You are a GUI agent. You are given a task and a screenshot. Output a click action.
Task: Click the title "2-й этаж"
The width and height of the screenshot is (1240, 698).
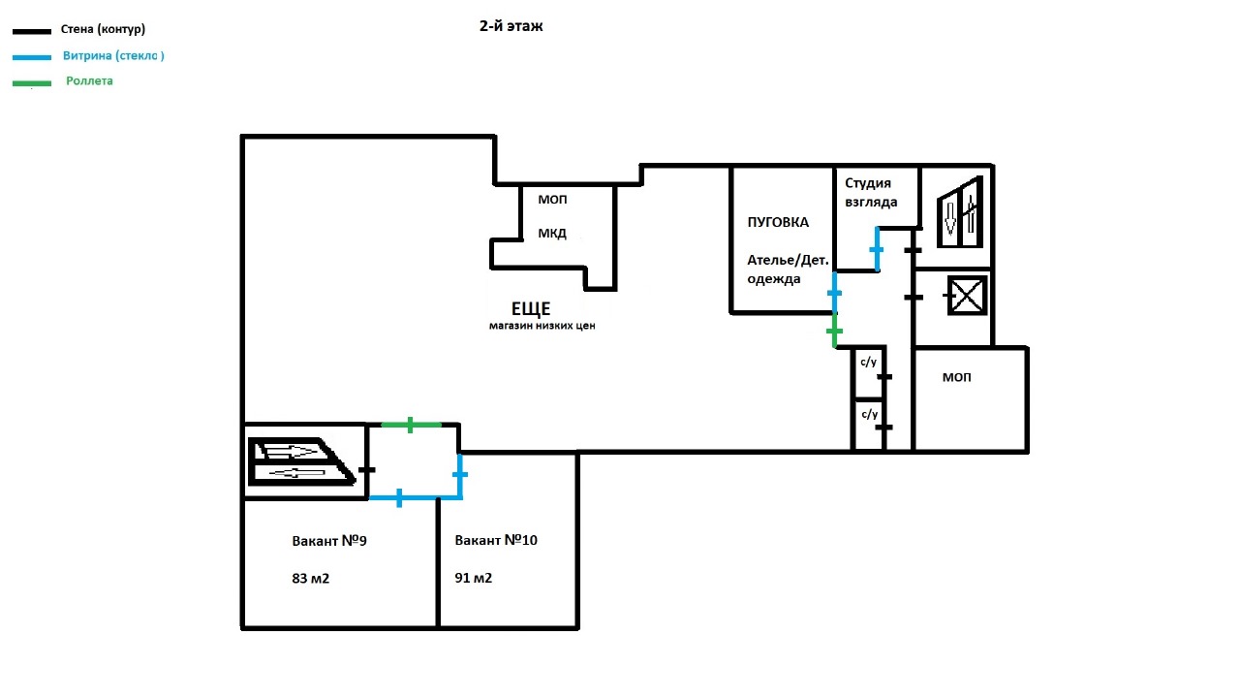pos(511,27)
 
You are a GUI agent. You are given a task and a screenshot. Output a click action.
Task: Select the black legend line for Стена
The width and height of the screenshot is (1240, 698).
pos(31,32)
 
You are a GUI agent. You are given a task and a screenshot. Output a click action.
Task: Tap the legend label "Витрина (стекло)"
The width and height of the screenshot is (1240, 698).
pos(113,56)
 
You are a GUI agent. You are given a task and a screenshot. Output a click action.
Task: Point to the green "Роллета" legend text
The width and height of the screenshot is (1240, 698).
pos(89,81)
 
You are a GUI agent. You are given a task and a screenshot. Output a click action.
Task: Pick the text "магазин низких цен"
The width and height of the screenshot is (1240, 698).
pos(542,327)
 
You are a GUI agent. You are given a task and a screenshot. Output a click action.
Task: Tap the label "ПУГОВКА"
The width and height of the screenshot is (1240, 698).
pos(777,222)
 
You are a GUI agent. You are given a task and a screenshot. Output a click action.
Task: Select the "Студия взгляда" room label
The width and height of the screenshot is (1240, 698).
pos(871,192)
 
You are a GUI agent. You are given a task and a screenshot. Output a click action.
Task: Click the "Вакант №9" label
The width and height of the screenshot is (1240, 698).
pos(329,541)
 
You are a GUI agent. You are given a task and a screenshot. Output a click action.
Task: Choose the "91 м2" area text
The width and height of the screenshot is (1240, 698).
pos(474,579)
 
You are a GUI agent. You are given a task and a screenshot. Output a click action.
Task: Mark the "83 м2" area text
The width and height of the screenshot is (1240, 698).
pos(311,579)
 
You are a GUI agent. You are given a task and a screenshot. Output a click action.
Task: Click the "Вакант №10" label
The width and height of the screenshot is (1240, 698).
pos(496,541)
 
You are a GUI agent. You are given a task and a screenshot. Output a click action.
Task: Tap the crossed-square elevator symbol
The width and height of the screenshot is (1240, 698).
pos(965,296)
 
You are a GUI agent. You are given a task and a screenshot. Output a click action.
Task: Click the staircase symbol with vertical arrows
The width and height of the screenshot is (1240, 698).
pos(960,211)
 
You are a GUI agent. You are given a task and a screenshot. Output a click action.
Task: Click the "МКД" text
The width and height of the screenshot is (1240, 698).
pos(552,234)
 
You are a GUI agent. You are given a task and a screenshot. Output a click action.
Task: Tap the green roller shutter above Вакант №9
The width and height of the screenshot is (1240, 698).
pos(411,425)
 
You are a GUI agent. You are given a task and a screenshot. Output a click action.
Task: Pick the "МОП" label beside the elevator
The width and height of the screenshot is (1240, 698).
pos(956,377)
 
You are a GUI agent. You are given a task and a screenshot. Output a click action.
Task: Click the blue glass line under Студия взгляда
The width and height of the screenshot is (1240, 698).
pos(877,249)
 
